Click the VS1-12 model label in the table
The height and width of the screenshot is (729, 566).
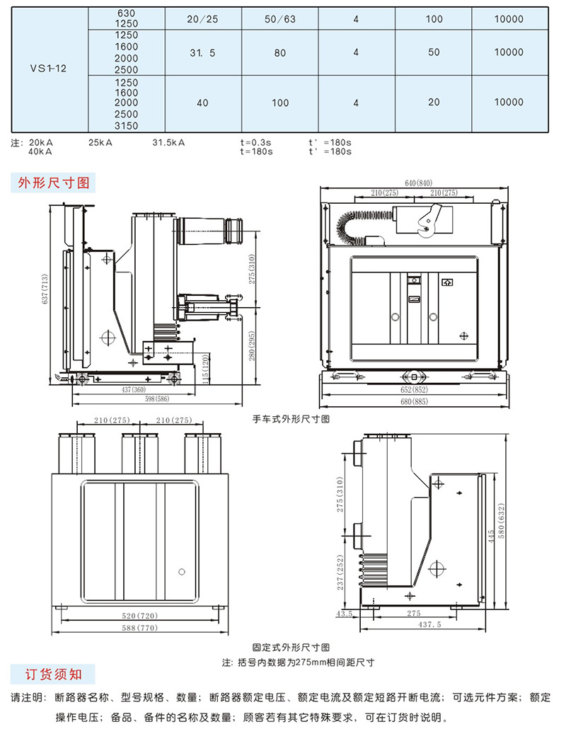(49, 69)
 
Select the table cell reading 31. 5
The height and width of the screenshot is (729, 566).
(202, 52)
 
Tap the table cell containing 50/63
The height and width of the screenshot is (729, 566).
(280, 19)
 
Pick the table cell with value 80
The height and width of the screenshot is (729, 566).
(280, 52)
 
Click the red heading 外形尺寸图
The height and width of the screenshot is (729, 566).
(54, 183)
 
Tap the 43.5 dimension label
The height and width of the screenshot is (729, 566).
(345, 614)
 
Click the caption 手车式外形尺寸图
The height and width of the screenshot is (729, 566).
(291, 419)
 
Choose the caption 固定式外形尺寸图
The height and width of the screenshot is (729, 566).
(291, 648)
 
